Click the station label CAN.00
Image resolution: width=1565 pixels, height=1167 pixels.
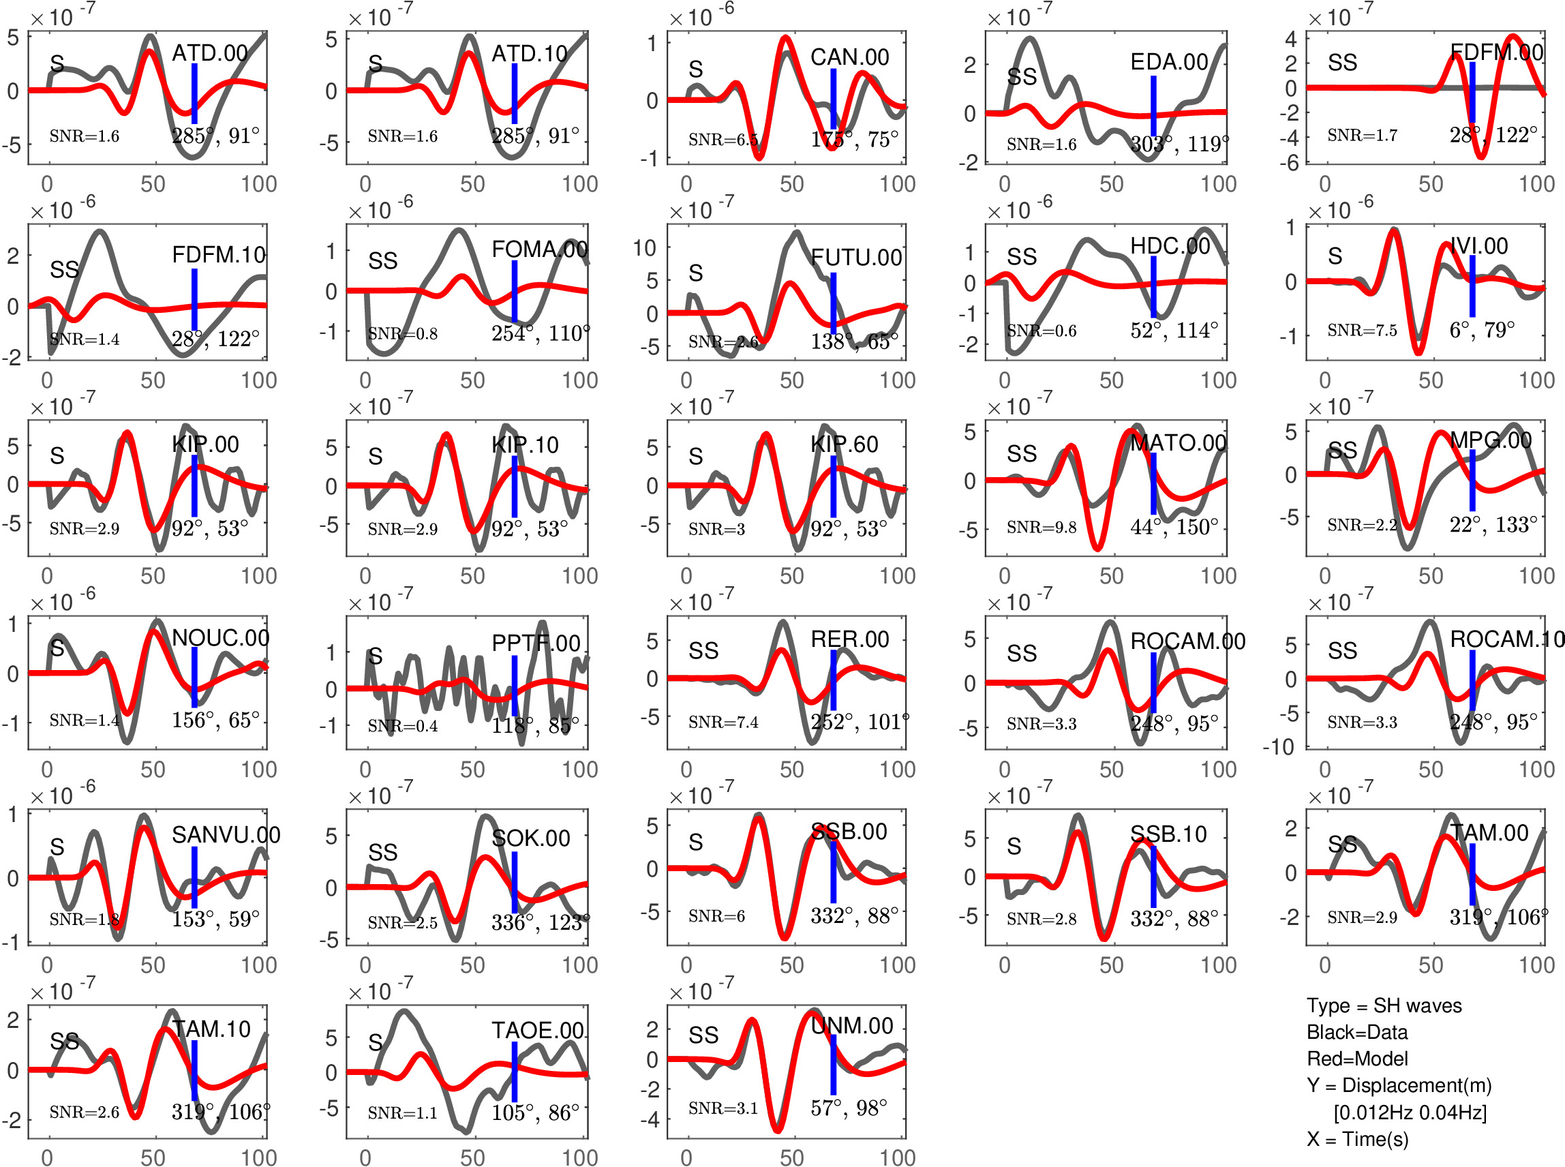849,57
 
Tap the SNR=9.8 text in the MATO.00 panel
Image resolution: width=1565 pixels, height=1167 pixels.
1042,527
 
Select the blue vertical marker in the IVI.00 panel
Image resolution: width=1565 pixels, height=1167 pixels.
1472,286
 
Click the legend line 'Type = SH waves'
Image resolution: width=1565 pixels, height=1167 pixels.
1384,1006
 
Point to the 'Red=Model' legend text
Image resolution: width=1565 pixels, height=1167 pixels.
1356,1059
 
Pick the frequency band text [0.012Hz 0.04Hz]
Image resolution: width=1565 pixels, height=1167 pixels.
1410,1112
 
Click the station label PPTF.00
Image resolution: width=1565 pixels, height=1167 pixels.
536,643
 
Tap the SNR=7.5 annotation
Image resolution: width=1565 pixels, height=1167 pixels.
1363,331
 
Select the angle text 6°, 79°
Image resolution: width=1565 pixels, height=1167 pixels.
1483,330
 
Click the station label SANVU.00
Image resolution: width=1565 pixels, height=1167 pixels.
226,835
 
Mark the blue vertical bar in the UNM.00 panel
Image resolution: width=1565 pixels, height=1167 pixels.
834,1065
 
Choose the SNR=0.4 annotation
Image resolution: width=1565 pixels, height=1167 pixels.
403,726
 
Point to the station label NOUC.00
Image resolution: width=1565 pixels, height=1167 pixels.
220,638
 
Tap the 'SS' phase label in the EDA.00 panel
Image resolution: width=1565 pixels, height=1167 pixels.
1022,76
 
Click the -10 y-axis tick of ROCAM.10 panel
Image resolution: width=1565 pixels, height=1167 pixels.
1279,746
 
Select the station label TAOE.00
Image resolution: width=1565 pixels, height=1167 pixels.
537,1031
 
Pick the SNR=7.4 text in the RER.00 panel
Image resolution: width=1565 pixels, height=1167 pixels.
723,722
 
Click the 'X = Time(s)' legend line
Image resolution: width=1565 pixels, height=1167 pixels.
1357,1139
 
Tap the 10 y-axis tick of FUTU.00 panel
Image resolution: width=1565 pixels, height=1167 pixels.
645,248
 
